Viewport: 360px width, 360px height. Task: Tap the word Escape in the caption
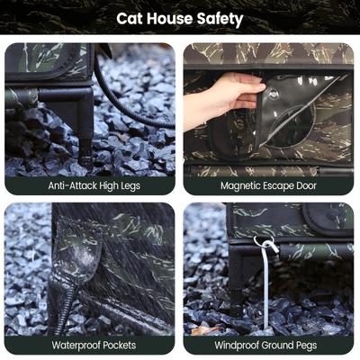tap(287, 185)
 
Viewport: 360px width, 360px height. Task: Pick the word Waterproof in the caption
tap(75, 345)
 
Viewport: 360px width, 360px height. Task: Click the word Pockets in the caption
tap(124, 345)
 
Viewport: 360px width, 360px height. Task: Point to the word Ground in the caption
tap(283, 345)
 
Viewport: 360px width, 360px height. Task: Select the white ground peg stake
tap(267, 288)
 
